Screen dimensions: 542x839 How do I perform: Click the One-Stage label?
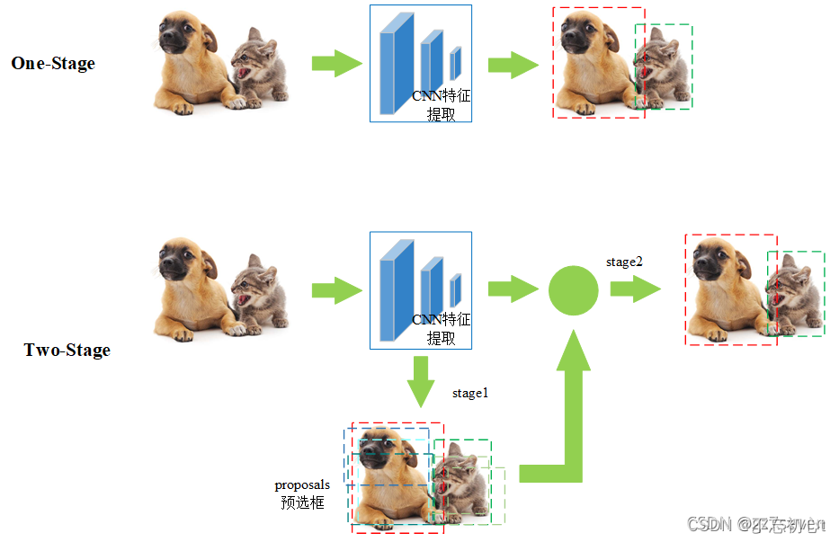click(53, 63)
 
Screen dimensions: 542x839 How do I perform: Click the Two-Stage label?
click(67, 350)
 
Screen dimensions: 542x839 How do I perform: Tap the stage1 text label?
click(470, 393)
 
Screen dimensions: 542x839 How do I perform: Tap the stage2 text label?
click(624, 262)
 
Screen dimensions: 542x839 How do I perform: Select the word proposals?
click(302, 484)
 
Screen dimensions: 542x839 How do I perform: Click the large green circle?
click(574, 290)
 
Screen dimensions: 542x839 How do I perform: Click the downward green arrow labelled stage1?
click(420, 382)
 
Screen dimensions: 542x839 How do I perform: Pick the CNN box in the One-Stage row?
click(420, 63)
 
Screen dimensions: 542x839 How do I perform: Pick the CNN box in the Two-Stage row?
click(420, 290)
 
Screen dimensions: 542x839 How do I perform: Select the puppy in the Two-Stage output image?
click(727, 288)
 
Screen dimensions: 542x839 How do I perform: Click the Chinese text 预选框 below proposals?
click(302, 502)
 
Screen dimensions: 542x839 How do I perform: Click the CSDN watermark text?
click(706, 523)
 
